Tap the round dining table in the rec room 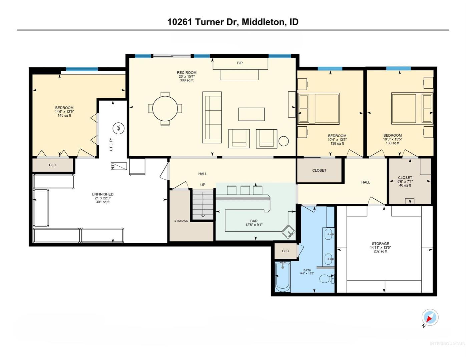coord(165,109)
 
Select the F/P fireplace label coord(240,63)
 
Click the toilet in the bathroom coord(327,279)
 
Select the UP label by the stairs coord(203,185)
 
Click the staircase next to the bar coord(203,204)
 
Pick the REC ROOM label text coord(186,73)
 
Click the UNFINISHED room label coord(102,194)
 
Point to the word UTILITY coord(111,144)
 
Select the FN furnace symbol coord(119,166)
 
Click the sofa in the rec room coord(212,117)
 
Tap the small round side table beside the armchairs coord(284,141)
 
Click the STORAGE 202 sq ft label coord(380,247)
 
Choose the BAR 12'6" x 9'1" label coord(254,223)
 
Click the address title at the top coord(233,22)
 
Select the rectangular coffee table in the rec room coord(251,114)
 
